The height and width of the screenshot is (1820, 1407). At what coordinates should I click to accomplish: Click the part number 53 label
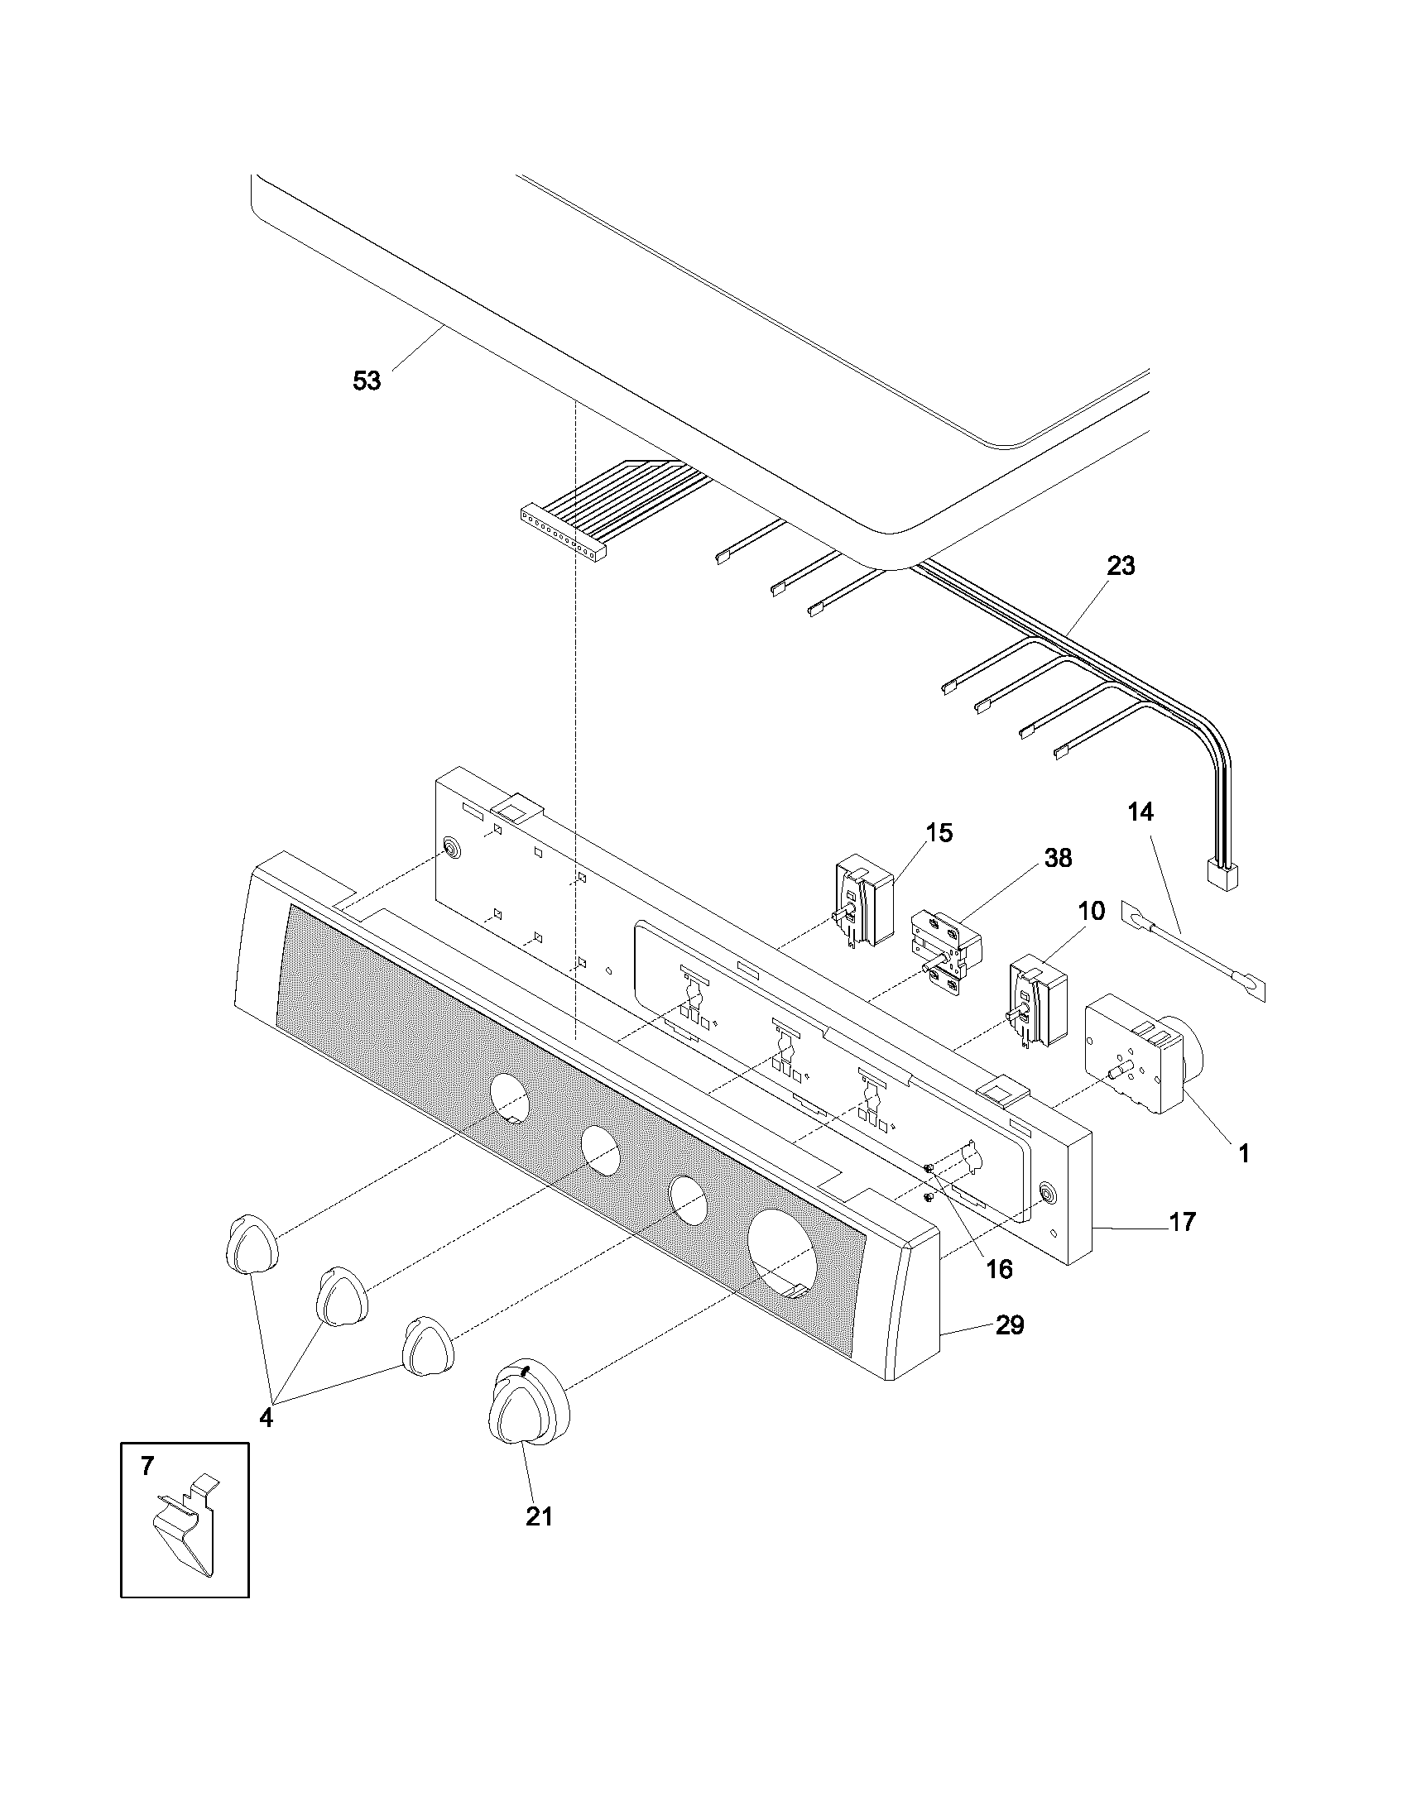click(x=367, y=381)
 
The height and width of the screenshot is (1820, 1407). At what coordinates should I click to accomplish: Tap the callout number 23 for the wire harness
click(x=1121, y=566)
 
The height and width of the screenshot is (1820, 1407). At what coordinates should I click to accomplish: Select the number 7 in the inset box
click(x=146, y=1466)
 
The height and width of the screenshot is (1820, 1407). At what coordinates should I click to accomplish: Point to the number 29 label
click(x=1010, y=1325)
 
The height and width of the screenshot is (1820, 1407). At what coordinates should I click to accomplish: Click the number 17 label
click(x=1182, y=1222)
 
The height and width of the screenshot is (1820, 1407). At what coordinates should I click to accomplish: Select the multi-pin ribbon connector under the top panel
click(x=562, y=534)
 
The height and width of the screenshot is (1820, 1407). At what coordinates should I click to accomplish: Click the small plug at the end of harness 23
click(x=1222, y=875)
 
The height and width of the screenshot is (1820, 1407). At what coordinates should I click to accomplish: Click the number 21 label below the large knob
click(x=539, y=1516)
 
